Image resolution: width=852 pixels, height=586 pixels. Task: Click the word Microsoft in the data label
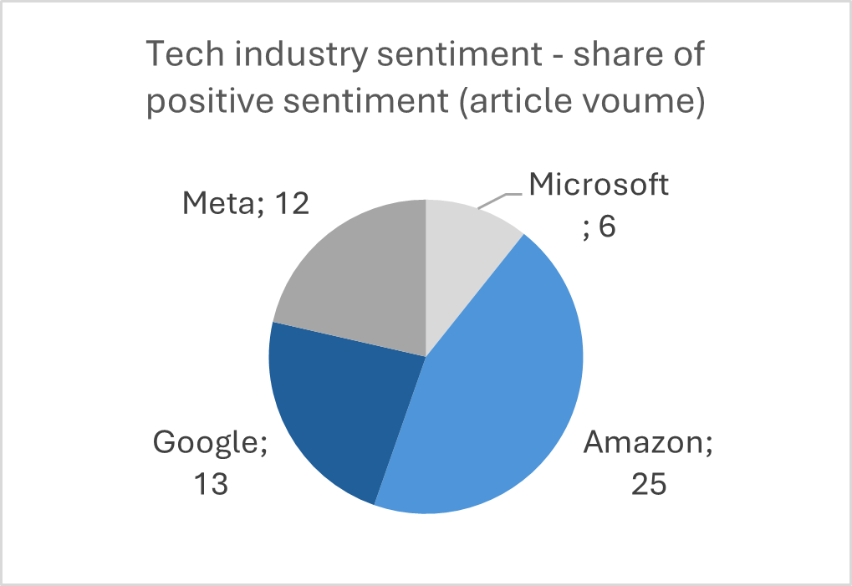(599, 185)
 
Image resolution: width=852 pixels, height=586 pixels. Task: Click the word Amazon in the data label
(640, 443)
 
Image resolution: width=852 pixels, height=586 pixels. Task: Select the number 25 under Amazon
(648, 484)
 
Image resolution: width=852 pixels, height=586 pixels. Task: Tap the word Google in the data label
(204, 443)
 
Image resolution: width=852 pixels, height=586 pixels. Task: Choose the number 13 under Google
(207, 484)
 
